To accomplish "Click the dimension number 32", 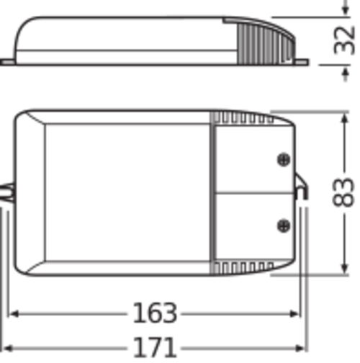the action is coord(344,40).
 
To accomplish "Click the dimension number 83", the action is coord(343,192).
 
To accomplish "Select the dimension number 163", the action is coord(155,313).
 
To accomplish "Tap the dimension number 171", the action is coord(154,348).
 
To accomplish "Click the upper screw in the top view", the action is coord(284,159).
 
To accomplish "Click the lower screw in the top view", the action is coord(284,225).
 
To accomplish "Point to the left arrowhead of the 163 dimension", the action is coord(14,314).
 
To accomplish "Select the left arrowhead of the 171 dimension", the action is coord(7,349).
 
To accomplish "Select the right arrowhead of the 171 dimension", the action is coord(302,349).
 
